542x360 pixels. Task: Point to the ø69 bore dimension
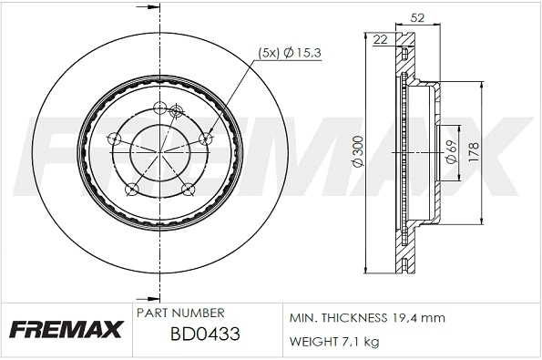[x=451, y=151]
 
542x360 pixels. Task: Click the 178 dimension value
[x=473, y=151]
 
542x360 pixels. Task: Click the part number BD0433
[x=204, y=334]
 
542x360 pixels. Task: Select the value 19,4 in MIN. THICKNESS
[x=404, y=318]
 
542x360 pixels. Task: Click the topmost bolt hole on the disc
[x=160, y=110]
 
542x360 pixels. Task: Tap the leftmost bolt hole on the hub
[x=114, y=139]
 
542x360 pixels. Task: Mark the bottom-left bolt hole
[x=131, y=189]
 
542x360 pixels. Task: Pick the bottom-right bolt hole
[x=189, y=189]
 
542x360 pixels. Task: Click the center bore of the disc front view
[x=159, y=152]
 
